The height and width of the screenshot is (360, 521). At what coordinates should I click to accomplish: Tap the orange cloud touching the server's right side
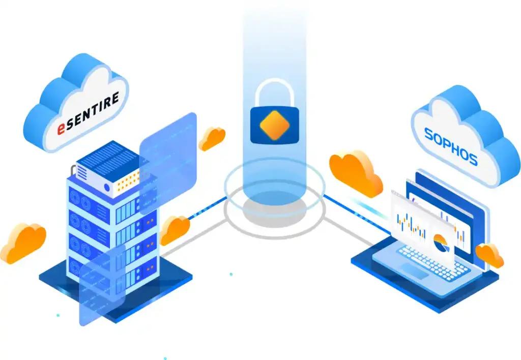[176, 230]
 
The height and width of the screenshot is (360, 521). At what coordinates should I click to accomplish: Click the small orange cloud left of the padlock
[212, 138]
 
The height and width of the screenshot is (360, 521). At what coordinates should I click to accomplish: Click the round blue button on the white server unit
[107, 188]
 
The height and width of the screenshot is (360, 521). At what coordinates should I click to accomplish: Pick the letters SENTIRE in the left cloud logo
[94, 110]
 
